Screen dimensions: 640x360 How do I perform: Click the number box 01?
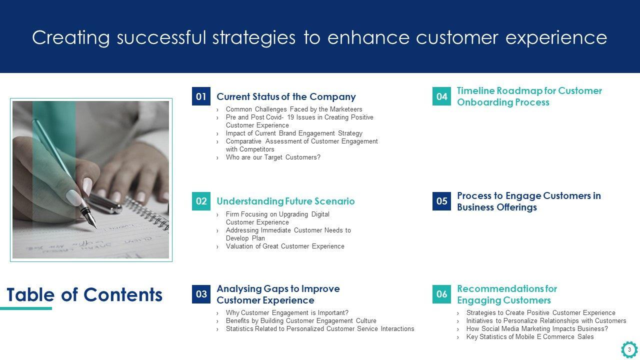pos(201,96)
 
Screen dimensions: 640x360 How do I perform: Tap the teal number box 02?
pos(201,201)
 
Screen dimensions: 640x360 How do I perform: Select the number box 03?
pos(201,294)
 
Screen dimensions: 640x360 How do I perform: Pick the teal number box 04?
pos(441,96)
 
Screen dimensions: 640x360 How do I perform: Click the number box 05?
pos(441,201)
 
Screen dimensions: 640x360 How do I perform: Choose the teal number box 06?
pos(441,294)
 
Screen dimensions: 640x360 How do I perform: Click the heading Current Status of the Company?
pos(286,97)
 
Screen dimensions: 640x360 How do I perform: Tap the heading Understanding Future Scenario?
pos(285,201)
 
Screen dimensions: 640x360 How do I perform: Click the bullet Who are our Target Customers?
pos(273,157)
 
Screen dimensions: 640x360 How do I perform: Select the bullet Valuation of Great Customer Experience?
pos(285,246)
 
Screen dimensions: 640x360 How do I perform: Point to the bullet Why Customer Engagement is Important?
pos(287,313)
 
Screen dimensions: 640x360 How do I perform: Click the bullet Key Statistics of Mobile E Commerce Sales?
pos(530,337)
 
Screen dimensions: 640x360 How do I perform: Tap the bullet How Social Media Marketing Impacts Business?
pos(537,329)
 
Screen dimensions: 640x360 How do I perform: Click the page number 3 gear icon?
pos(629,349)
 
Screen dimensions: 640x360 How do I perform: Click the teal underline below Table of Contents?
pos(26,308)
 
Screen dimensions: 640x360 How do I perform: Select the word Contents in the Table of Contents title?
pos(123,295)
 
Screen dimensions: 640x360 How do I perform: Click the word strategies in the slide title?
pos(254,38)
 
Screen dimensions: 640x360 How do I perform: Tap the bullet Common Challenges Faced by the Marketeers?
pos(294,109)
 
